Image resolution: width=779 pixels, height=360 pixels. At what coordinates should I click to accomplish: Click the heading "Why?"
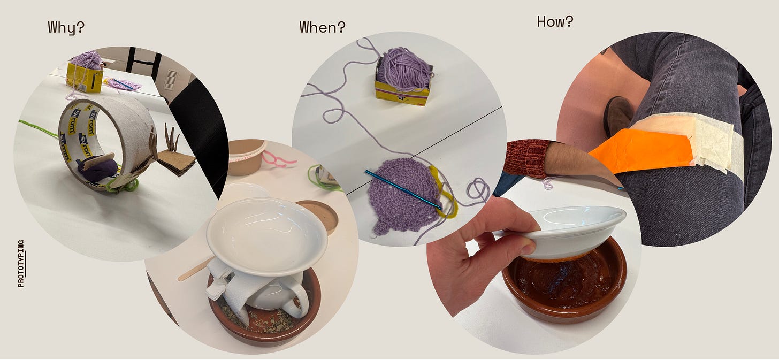click(66, 27)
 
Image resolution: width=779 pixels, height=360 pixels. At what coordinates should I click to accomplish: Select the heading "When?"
click(323, 27)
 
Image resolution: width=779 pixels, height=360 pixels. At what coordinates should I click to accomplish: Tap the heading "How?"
click(555, 21)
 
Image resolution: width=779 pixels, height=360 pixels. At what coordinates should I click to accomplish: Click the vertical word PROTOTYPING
click(21, 264)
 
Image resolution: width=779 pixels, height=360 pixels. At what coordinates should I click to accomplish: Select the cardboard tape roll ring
click(104, 139)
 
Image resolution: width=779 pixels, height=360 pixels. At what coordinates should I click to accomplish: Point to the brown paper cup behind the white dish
click(246, 157)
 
